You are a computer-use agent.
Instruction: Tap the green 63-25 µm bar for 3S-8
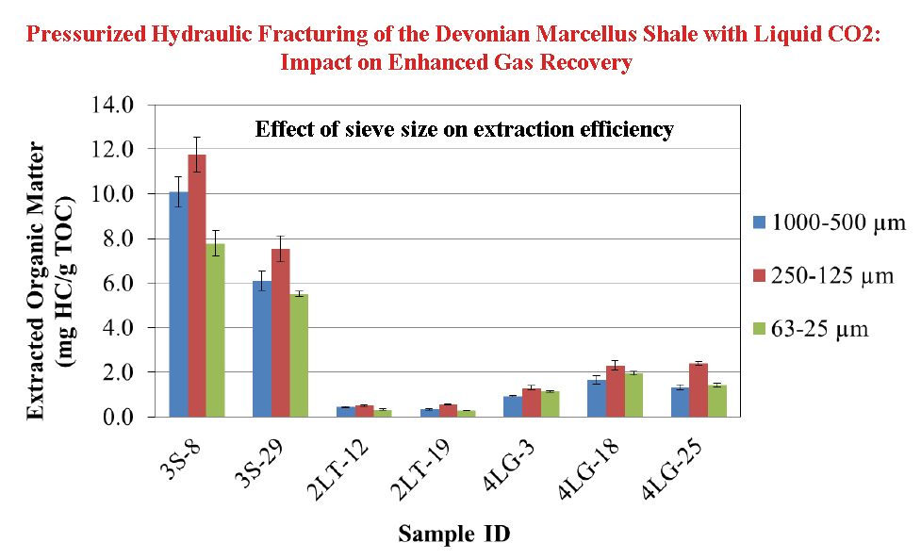click(x=215, y=330)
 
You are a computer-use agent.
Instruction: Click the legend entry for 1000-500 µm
click(x=826, y=223)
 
